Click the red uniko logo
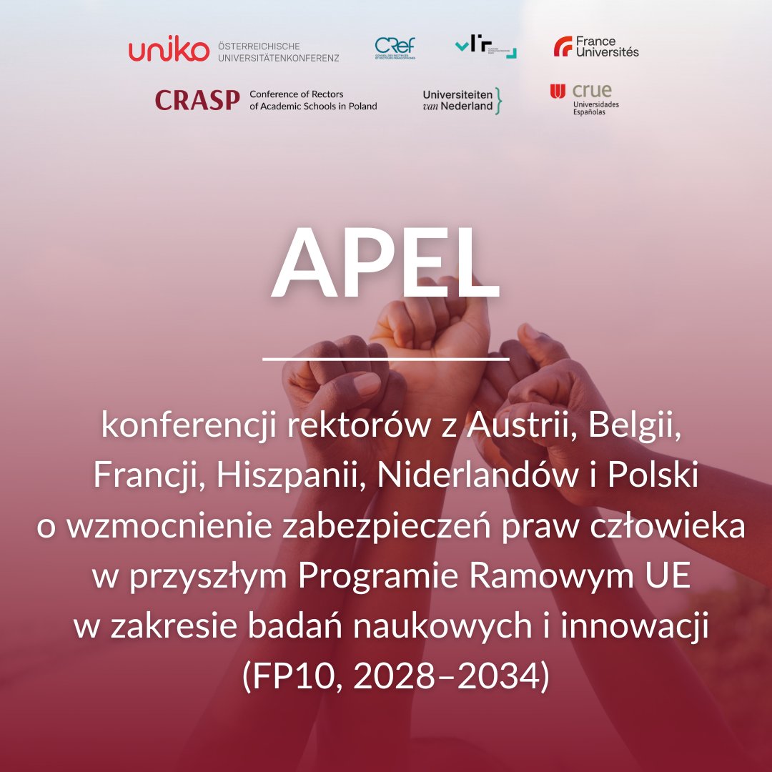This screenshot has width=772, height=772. coord(169,51)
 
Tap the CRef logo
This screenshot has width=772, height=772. coord(395,48)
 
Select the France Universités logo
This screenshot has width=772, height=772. coord(596,47)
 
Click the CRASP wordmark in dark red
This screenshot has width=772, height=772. coord(197,101)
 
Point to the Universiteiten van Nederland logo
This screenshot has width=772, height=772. coord(462,101)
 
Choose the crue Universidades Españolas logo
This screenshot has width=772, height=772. coord(585,99)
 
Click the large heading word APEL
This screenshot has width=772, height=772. coord(385,265)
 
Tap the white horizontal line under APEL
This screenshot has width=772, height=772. coord(385,358)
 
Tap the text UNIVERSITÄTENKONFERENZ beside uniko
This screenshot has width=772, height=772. coord(278,57)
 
